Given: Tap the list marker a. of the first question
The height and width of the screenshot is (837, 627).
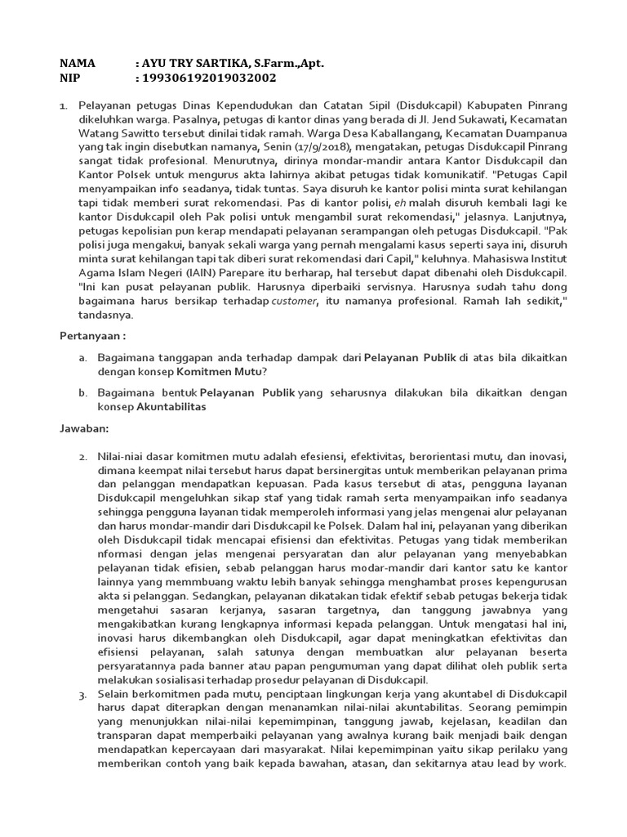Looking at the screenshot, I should [83, 358].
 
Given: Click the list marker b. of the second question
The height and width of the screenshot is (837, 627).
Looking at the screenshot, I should [83, 392].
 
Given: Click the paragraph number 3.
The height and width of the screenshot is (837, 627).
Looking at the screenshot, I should [83, 695].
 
